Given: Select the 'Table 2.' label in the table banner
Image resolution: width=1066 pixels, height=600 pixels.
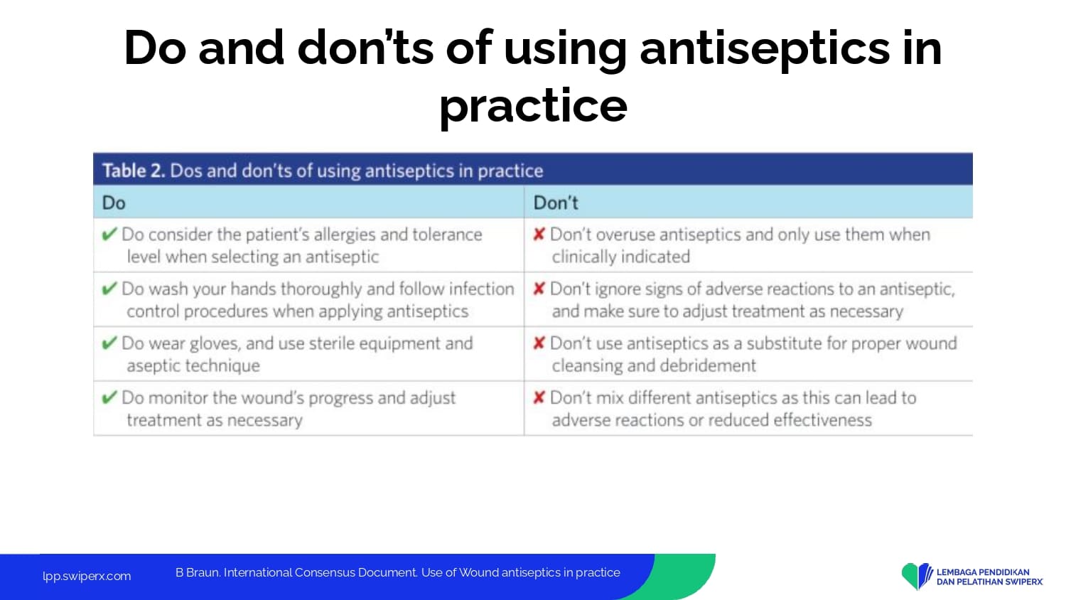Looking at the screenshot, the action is click(x=134, y=171).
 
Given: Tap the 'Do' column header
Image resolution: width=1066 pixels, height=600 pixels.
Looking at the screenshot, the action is click(x=114, y=203).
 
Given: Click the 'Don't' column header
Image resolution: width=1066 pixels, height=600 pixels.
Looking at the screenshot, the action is click(x=556, y=203).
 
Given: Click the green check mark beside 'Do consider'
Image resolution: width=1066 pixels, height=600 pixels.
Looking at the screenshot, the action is click(x=109, y=234).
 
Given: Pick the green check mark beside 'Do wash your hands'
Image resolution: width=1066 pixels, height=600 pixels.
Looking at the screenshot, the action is click(x=109, y=288).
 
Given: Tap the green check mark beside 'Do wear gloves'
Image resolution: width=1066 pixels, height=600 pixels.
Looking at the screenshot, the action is click(x=109, y=343).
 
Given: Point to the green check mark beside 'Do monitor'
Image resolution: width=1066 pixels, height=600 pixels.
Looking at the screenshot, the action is click(x=109, y=397).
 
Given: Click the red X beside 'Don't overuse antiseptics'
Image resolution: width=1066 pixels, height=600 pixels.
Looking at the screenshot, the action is click(x=539, y=234).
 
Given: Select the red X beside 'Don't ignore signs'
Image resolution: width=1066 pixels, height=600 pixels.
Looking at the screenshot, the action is click(x=539, y=288).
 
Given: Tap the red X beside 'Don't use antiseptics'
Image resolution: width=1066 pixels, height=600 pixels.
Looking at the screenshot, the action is click(x=539, y=343).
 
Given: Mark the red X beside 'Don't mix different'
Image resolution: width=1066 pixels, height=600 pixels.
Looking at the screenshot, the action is click(x=539, y=397).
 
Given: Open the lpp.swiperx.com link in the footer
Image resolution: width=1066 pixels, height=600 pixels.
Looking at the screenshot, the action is click(x=87, y=577).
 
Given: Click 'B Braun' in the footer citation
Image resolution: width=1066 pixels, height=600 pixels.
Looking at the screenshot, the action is click(x=198, y=572).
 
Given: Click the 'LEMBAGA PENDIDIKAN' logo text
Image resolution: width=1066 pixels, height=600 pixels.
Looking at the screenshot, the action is click(x=983, y=572).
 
